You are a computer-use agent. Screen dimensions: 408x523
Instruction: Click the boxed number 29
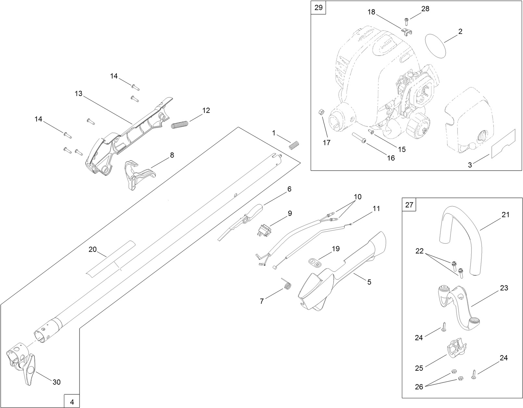[x=318, y=7]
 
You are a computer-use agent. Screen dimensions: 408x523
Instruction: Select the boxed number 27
[x=409, y=205]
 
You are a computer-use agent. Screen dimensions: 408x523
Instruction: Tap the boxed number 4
[x=72, y=402]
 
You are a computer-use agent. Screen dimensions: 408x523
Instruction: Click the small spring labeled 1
[x=294, y=145]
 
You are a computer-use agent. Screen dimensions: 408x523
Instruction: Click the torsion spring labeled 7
[x=287, y=285]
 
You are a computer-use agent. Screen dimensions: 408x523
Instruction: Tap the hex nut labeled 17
[x=319, y=112]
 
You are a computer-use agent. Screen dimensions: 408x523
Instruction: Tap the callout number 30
[x=56, y=382]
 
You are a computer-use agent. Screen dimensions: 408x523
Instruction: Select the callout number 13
[x=79, y=94]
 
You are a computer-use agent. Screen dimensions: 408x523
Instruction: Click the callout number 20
[x=93, y=249]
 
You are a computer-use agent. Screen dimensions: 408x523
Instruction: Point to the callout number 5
[x=369, y=282]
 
